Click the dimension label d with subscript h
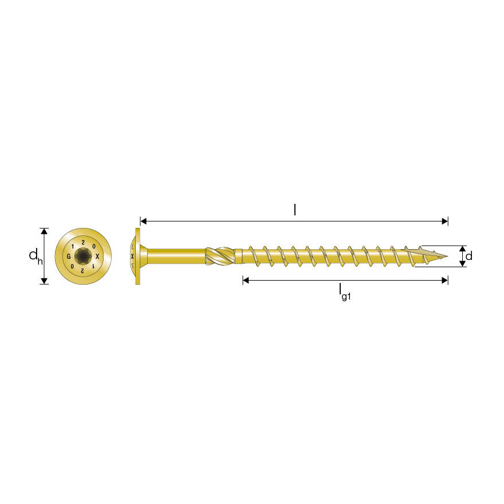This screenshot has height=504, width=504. pyautogui.click(x=36, y=257)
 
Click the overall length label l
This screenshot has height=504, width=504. pyautogui.click(x=295, y=210)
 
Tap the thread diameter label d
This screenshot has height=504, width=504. pyautogui.click(x=469, y=256)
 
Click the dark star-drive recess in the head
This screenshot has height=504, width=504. pyautogui.click(x=83, y=256)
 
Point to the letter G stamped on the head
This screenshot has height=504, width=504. pyautogui.click(x=69, y=257)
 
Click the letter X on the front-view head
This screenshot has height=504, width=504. pyautogui.click(x=97, y=257)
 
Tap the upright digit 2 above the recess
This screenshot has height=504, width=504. pyautogui.click(x=83, y=242)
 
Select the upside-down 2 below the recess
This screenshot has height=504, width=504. pyautogui.click(x=83, y=271)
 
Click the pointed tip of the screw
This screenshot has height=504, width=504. pyautogui.click(x=447, y=256)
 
